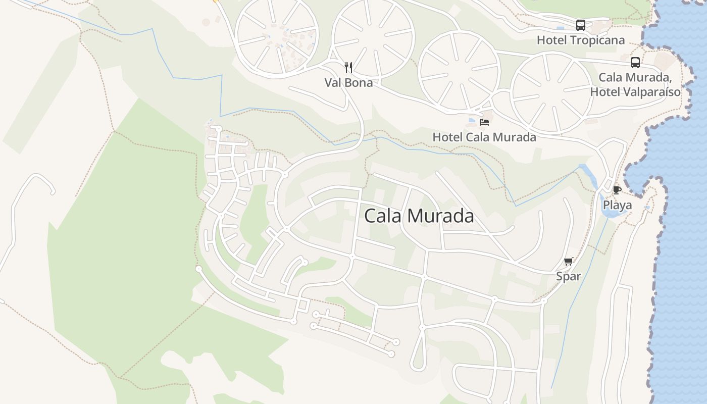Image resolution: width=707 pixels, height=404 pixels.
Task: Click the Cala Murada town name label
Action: click(x=419, y=216)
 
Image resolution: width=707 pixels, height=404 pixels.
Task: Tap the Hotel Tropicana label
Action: click(x=580, y=40)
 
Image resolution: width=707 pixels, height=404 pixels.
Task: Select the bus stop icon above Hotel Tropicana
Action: click(x=581, y=25)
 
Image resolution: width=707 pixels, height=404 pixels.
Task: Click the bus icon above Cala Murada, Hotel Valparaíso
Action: click(x=635, y=63)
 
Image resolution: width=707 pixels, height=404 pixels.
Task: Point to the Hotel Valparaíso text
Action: click(x=635, y=92)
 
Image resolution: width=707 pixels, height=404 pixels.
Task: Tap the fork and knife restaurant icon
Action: click(x=348, y=68)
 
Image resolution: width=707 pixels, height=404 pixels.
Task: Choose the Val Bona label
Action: click(x=348, y=82)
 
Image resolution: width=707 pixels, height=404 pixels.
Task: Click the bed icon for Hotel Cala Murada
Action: click(x=484, y=122)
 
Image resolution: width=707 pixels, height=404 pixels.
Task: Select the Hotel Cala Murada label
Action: click(x=484, y=137)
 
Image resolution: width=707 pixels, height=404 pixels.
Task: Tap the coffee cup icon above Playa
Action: click(x=617, y=190)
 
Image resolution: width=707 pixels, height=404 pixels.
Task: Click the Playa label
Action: click(x=617, y=205)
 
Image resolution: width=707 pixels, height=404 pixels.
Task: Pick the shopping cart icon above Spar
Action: click(x=569, y=261)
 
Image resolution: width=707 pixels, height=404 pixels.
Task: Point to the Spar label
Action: click(x=569, y=276)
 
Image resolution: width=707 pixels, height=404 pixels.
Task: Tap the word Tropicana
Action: click(x=598, y=40)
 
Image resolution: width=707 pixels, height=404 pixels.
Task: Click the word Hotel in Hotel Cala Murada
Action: click(x=447, y=137)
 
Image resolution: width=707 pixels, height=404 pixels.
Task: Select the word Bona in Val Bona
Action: click(x=360, y=82)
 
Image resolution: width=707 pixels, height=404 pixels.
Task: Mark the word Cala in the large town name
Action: click(x=381, y=216)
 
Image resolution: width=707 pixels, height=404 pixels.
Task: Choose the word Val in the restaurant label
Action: click(x=333, y=82)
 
